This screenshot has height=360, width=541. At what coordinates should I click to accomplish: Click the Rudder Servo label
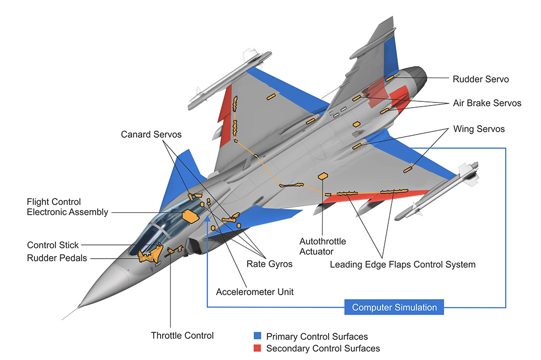point(480,79)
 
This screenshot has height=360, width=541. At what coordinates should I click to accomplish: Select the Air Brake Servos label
point(487,103)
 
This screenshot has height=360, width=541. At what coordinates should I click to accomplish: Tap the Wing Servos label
point(479,129)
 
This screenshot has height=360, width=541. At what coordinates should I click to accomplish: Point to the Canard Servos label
point(151,135)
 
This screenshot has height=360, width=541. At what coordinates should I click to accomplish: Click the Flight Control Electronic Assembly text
point(68,207)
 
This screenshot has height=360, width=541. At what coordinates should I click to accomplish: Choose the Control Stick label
point(53,245)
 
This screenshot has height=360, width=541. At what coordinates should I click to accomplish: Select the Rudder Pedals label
point(57,258)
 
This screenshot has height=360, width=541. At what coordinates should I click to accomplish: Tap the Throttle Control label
point(182,335)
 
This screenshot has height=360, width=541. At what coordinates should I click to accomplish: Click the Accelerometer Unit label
point(255,291)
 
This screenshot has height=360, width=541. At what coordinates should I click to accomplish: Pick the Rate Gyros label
point(269,264)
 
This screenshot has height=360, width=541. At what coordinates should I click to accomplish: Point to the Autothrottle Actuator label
point(323,247)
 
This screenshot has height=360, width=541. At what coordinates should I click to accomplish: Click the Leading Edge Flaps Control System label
point(403,264)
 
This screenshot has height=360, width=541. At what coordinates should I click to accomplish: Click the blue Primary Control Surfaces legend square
point(257,336)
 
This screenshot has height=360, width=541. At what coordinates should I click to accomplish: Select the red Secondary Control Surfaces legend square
point(257,348)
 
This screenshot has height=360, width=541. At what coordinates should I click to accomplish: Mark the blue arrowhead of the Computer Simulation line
point(207,218)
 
